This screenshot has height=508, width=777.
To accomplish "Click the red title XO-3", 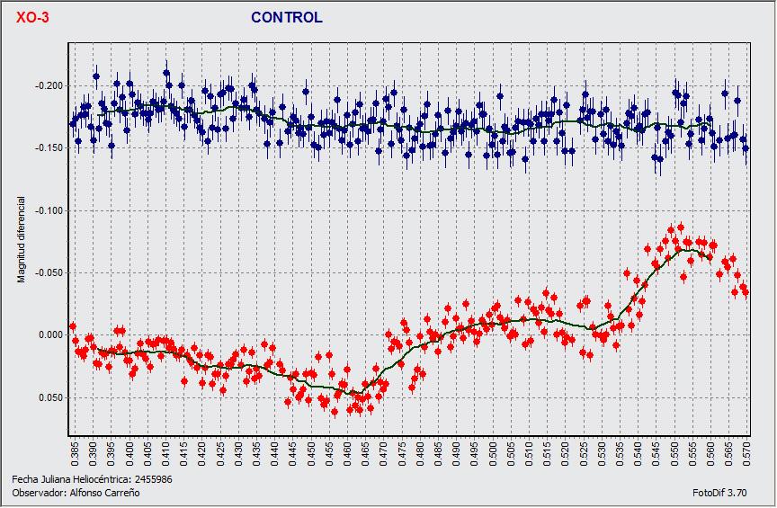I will pos(32,17).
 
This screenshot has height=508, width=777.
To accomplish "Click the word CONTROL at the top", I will pos(286,17).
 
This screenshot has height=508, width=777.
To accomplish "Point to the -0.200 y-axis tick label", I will pos(50,85).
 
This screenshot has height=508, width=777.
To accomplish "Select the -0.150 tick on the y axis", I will pos(50,147).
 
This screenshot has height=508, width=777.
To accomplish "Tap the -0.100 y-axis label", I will pos(50,210).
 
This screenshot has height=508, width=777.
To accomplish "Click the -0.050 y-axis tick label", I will pos(50,272).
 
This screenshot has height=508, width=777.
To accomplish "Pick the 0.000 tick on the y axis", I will pos(52,335).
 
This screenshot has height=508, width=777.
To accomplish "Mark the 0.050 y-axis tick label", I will pos(52,397).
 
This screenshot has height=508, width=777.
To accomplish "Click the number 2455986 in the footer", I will pos(153,479).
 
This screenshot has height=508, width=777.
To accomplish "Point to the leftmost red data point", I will pos(73,326).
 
